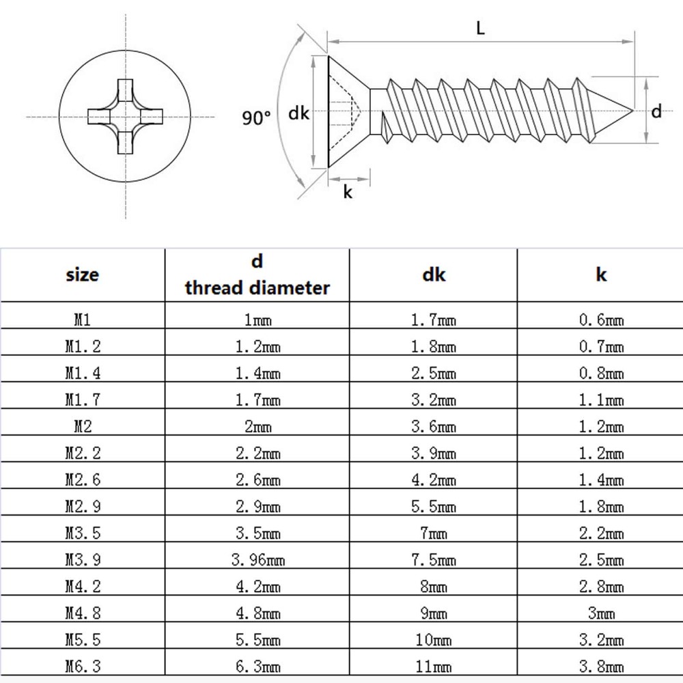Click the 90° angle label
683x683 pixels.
[x=256, y=118]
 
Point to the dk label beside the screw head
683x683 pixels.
[x=298, y=113]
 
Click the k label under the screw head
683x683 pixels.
[x=348, y=193]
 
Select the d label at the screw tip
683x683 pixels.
[x=656, y=111]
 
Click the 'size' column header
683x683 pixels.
[x=83, y=275]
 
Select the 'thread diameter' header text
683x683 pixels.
[x=257, y=288]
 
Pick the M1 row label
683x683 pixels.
[x=83, y=320]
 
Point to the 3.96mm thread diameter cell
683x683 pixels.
[x=257, y=560]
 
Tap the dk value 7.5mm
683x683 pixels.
[x=434, y=560]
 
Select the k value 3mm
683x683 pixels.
[x=601, y=613]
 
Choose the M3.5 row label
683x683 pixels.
[x=83, y=533]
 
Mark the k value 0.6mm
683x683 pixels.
[x=601, y=320]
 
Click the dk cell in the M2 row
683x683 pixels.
[x=434, y=427]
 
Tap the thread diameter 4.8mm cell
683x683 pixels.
[x=257, y=613]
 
